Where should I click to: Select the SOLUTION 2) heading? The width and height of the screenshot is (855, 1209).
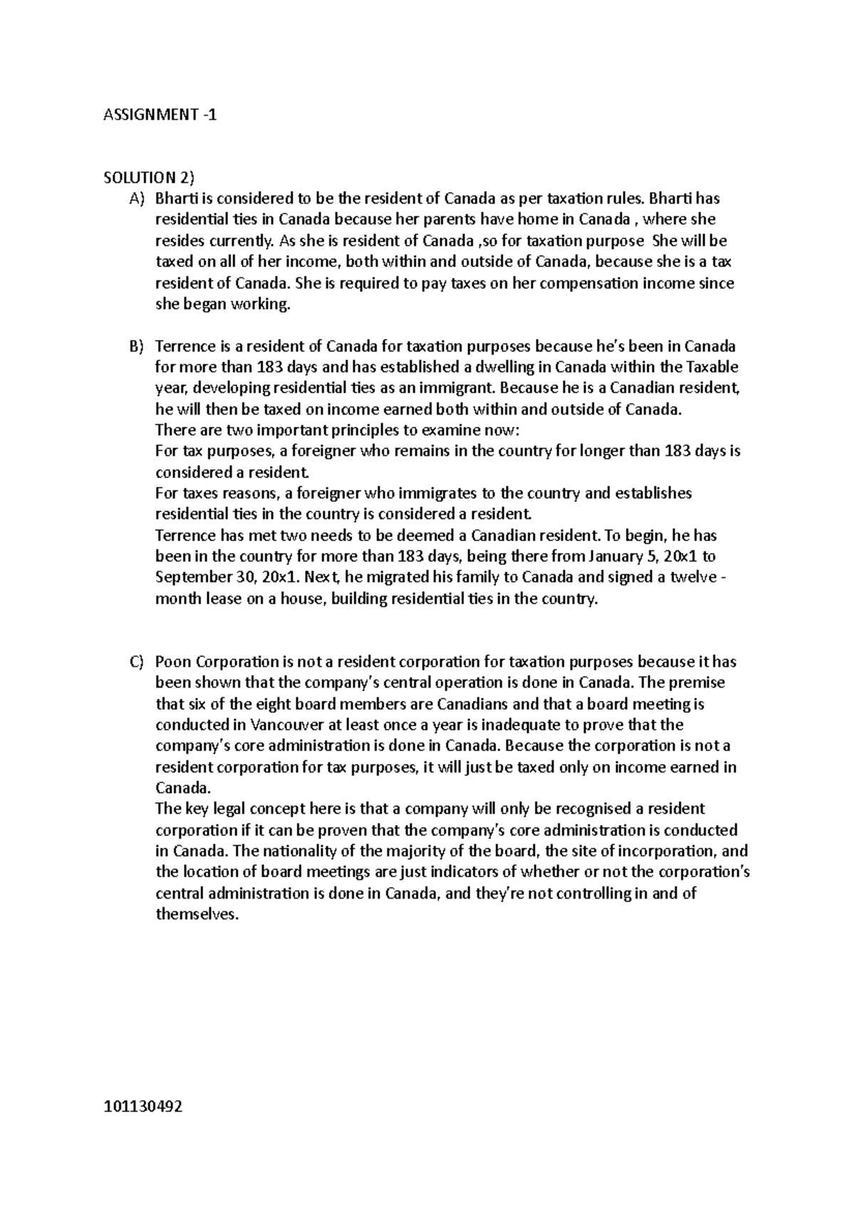coord(148,177)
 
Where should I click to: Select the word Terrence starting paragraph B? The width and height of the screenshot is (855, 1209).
coord(185,347)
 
